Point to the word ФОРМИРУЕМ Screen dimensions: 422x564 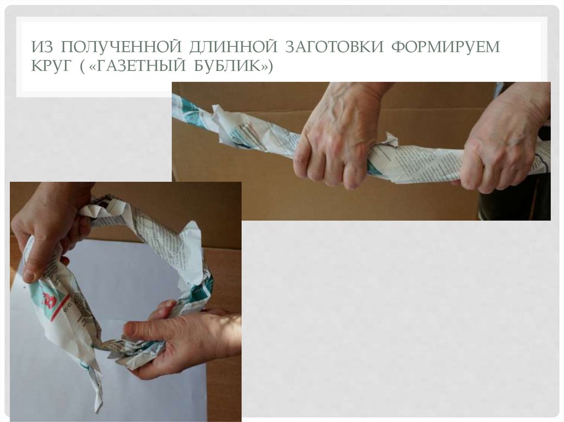446,47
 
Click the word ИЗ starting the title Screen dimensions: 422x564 42,47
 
